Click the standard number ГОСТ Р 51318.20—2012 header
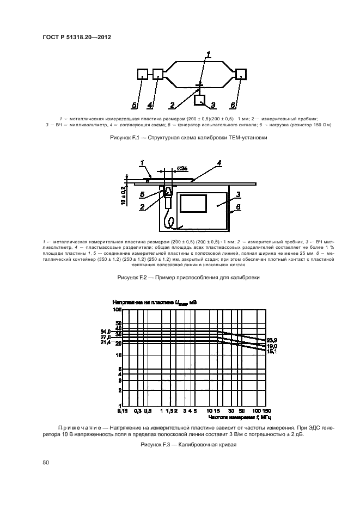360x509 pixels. coord(76,38)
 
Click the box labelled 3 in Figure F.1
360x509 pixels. coord(200,100)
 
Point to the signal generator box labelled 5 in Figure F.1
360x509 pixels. coord(142,75)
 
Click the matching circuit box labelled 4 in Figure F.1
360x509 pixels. coord(158,75)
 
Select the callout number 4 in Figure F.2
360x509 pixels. coord(219,162)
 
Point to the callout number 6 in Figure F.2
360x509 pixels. coord(237,207)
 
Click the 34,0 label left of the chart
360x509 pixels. coord(106,331)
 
